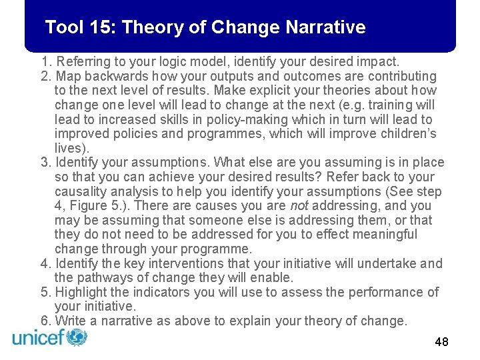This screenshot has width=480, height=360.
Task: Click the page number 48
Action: pos(441,342)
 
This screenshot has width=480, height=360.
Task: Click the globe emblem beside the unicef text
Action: pos(77,337)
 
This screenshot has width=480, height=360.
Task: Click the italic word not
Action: pos(299,205)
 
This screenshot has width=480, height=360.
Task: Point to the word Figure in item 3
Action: pos(87,205)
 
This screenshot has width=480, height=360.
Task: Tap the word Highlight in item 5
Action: pos(82,292)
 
